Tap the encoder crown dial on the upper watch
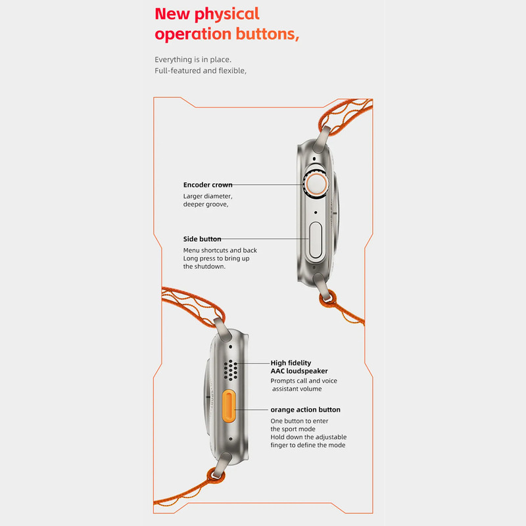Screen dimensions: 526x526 [x=316, y=185]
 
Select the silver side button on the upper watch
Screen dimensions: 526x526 [x=316, y=240]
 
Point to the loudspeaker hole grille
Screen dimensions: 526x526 [x=231, y=370]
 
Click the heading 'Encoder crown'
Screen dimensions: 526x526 [x=208, y=185]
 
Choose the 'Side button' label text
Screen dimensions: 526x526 [x=202, y=239]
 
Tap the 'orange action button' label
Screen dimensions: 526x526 [x=305, y=410]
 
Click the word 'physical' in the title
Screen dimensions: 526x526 [x=227, y=14]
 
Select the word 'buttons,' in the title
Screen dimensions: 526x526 [x=268, y=34]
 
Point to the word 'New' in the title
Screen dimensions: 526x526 [x=172, y=14]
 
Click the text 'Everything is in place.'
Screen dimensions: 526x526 [x=193, y=59]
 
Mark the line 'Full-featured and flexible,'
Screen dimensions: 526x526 [x=201, y=70]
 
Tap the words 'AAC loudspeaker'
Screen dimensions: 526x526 [x=299, y=371]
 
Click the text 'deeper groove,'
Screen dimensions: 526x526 [x=206, y=204]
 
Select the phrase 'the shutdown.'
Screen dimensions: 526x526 [x=204, y=266]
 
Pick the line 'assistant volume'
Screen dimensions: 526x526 [x=297, y=389]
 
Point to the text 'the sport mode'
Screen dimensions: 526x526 [x=293, y=429]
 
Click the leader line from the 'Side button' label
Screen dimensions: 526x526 [x=265, y=239]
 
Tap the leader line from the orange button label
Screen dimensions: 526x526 [x=251, y=410]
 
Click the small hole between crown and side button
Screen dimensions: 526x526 [x=316, y=212]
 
